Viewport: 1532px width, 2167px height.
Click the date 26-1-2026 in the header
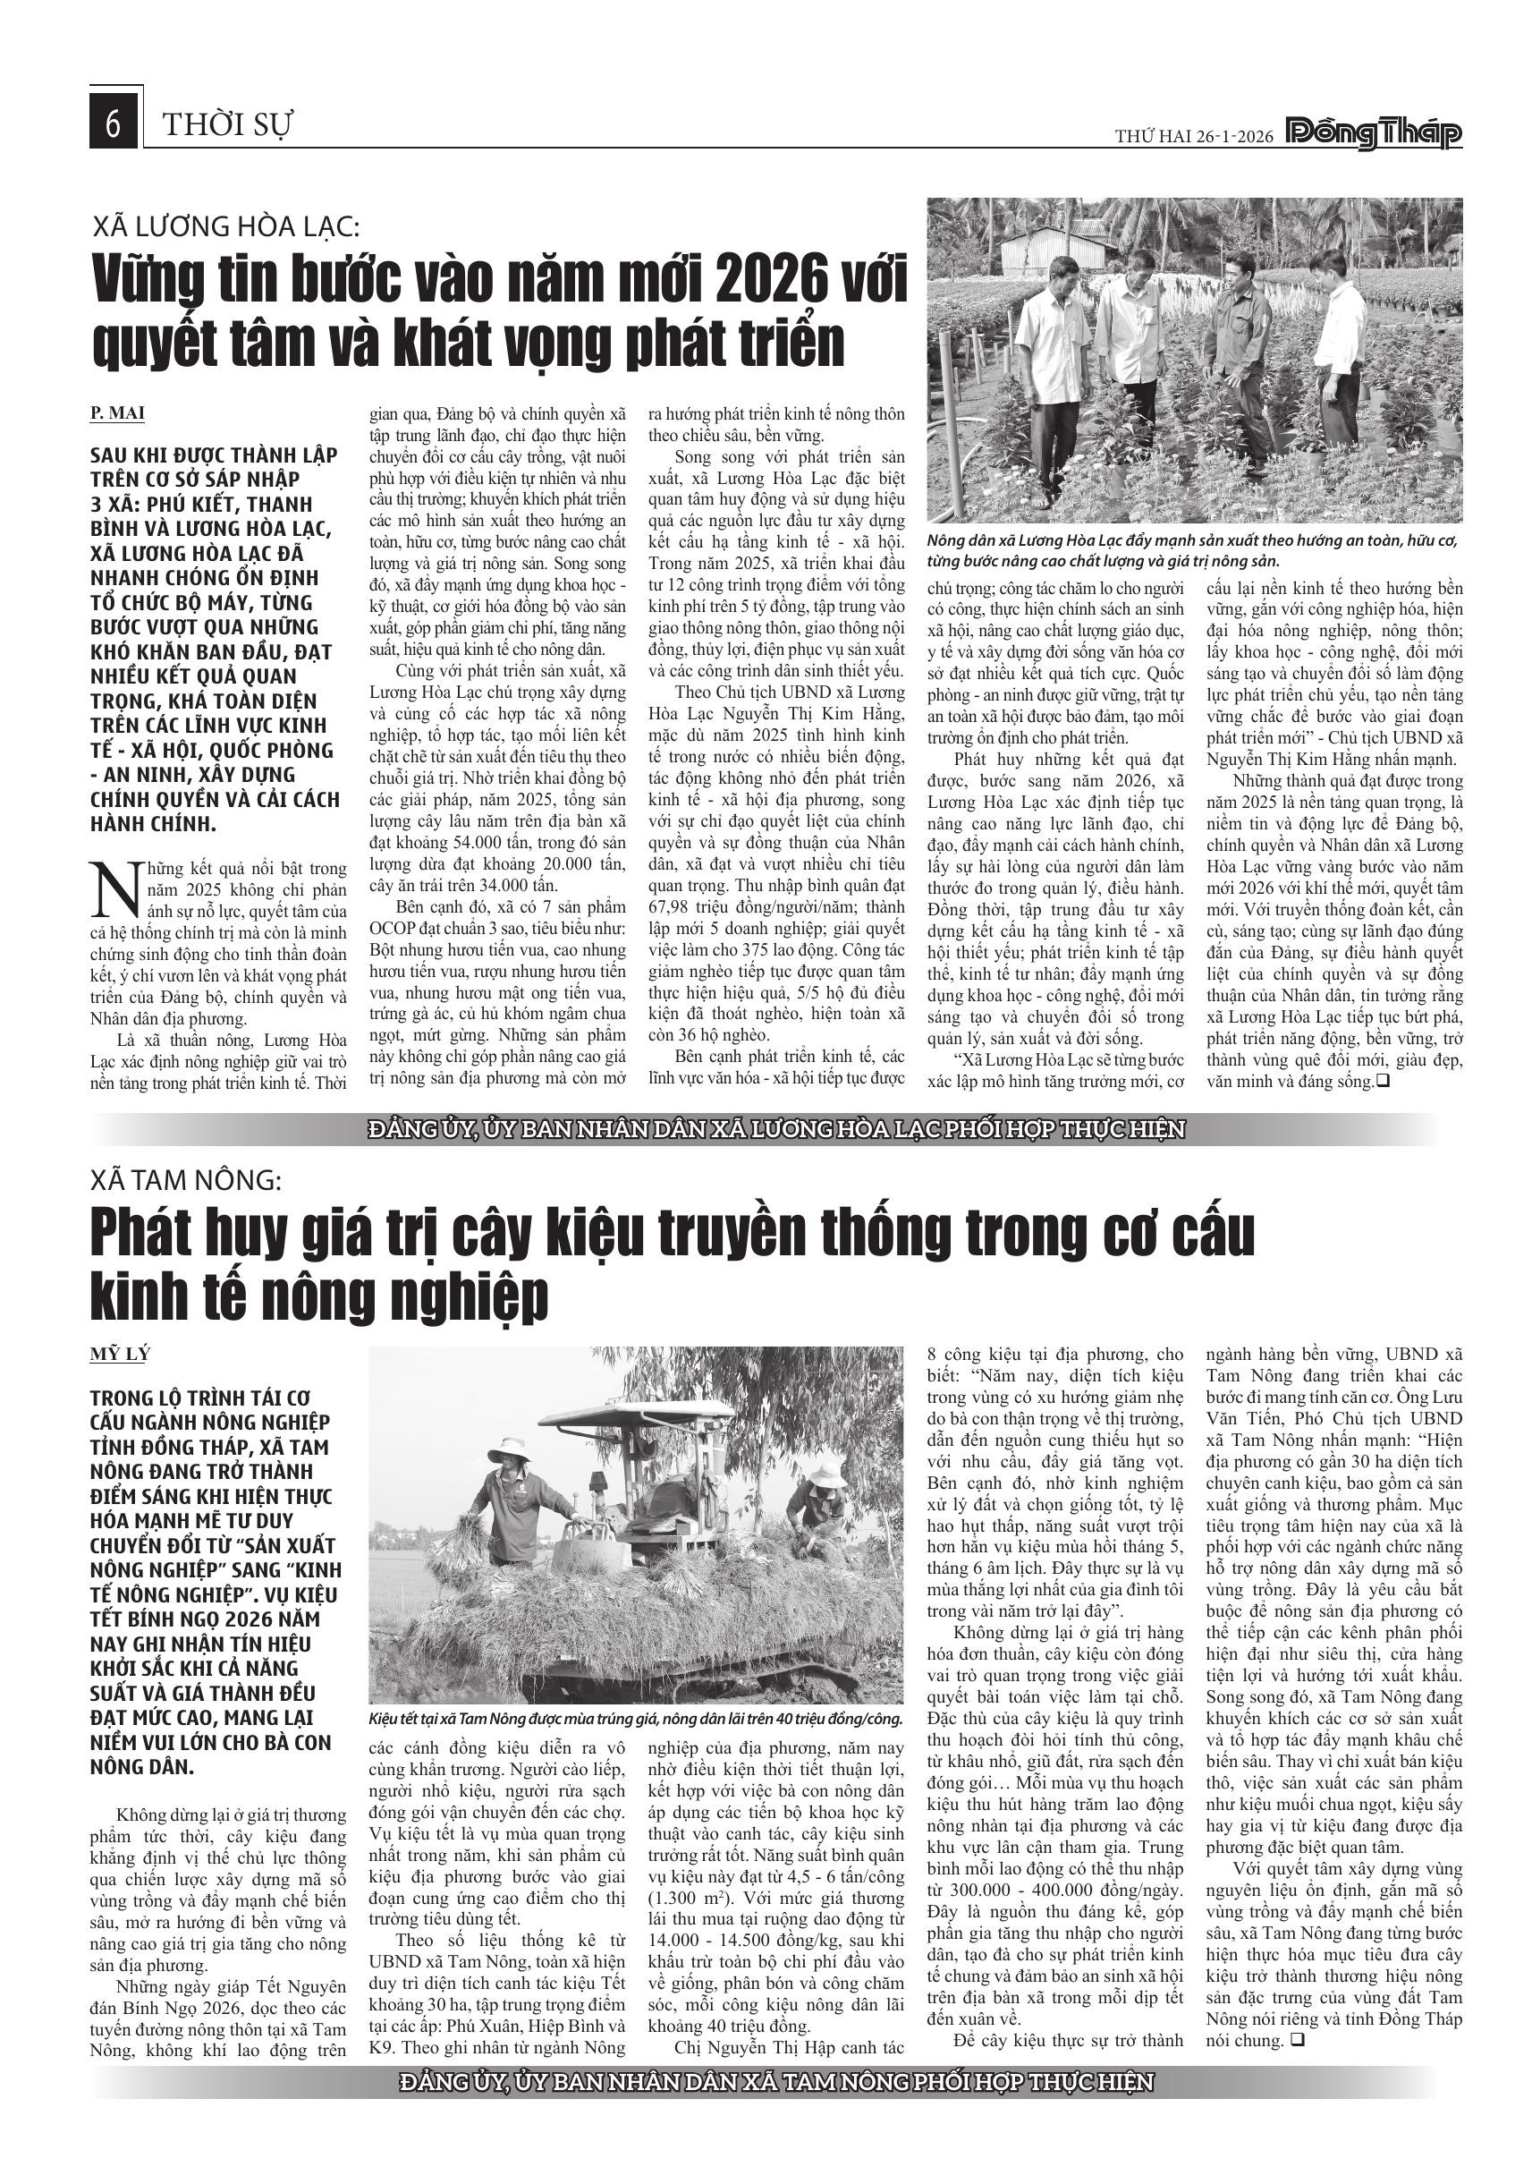[1226, 137]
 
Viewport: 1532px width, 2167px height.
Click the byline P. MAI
[118, 413]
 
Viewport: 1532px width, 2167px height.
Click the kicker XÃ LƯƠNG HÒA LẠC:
[226, 226]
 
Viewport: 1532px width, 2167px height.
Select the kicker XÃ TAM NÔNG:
[187, 1180]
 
